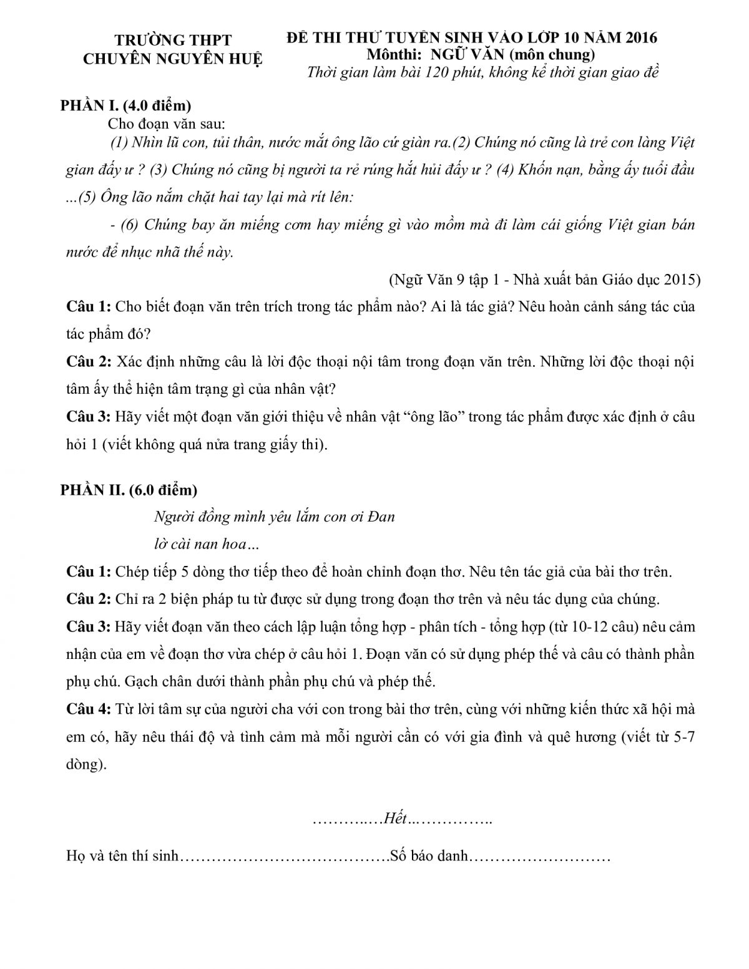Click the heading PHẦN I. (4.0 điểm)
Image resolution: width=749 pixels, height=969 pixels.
125,104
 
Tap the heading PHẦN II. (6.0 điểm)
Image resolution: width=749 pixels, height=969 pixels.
129,490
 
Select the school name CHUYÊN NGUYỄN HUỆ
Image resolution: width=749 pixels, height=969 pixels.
174,59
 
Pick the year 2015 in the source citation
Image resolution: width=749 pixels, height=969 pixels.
683,280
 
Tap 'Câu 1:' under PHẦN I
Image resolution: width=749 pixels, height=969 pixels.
89,307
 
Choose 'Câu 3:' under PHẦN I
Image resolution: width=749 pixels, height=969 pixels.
89,417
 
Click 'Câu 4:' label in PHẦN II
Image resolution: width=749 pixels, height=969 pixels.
89,709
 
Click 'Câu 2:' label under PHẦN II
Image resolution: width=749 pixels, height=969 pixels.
89,600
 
